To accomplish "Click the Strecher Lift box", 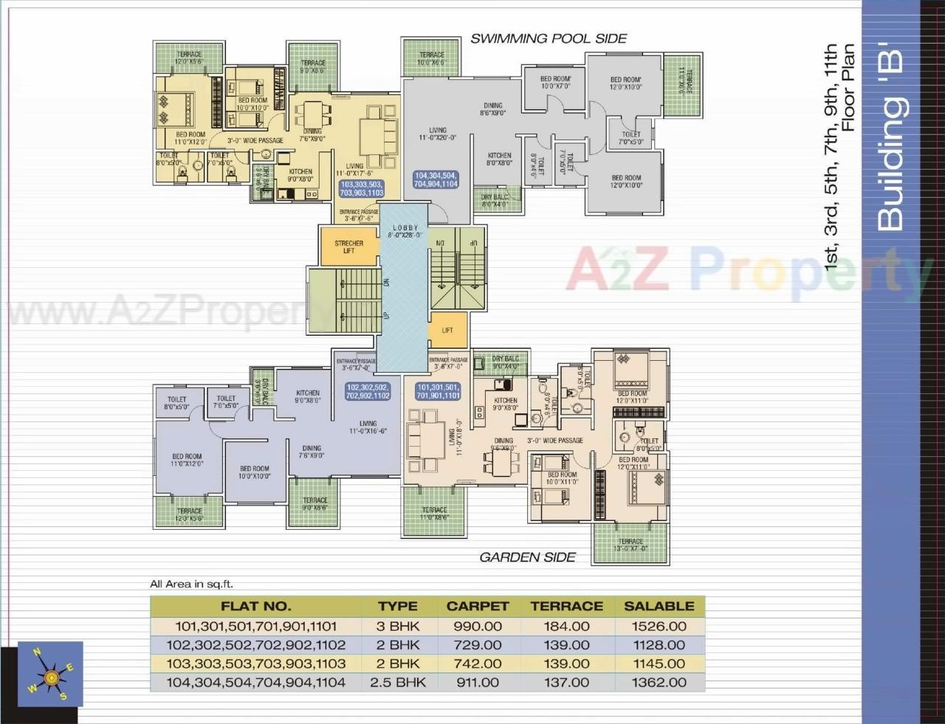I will coord(348,246).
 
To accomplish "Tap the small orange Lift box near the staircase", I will coord(447,331).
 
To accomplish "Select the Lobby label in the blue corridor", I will coord(405,231).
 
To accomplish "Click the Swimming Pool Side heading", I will coord(549,38).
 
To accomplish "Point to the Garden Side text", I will coord(527,557).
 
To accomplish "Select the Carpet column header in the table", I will coord(478,607).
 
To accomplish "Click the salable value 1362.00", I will coord(659,682).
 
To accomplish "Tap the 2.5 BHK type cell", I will coord(398,682).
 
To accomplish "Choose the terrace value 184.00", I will coord(566,626).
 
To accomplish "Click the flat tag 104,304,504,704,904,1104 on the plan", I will coord(436,180).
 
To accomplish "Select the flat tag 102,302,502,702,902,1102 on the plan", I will coord(368,391).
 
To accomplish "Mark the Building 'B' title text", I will coord(892,140).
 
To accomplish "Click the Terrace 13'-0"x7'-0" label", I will coord(630,545).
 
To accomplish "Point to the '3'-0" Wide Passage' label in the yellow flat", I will coord(255,140).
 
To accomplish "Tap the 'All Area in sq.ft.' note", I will coord(191,584).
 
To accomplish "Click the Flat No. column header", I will coord(255,607).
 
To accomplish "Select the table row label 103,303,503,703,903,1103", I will coord(255,663).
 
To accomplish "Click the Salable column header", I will coord(659,607).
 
